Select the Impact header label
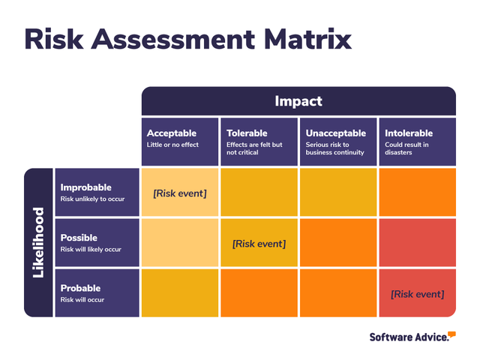[x=298, y=101]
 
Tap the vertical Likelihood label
[x=38, y=242]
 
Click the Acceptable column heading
[x=171, y=133]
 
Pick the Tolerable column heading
[x=247, y=133]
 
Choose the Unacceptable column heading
[x=335, y=133]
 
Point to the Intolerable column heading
[x=408, y=133]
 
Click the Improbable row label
[x=85, y=187]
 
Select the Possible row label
[x=79, y=238]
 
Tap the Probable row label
[x=80, y=288]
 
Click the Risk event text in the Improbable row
[x=180, y=193]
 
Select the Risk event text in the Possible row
[x=259, y=244]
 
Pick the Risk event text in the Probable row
[x=417, y=294]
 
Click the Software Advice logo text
[x=409, y=337]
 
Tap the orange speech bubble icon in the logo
[x=452, y=334]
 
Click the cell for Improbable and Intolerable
[x=417, y=193]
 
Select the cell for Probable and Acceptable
[x=179, y=293]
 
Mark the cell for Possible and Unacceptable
[x=337, y=243]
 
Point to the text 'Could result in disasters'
[x=406, y=148]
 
